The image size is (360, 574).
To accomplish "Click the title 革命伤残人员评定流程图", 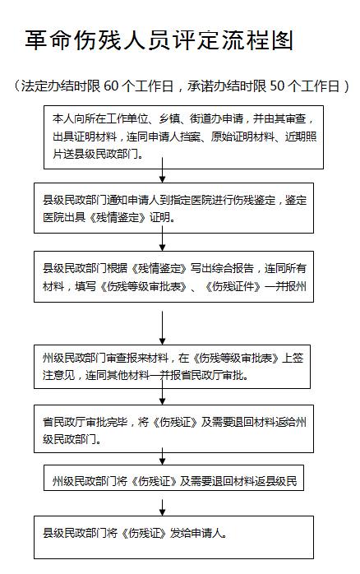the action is tap(159, 40).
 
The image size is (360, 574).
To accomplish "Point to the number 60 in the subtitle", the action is tap(111, 86).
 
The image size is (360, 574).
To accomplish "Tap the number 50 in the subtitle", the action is tap(277, 86).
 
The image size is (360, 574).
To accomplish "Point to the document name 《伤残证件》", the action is tap(233, 286).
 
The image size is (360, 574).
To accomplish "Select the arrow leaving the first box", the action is tap(162, 170).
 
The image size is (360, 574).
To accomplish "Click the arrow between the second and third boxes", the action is tap(162, 238).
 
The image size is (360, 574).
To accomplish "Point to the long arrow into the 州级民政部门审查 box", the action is tap(162, 328).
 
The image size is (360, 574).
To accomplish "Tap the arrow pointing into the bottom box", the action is tap(162, 507).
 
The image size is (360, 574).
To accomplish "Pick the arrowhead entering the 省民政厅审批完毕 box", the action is tap(162, 401).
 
